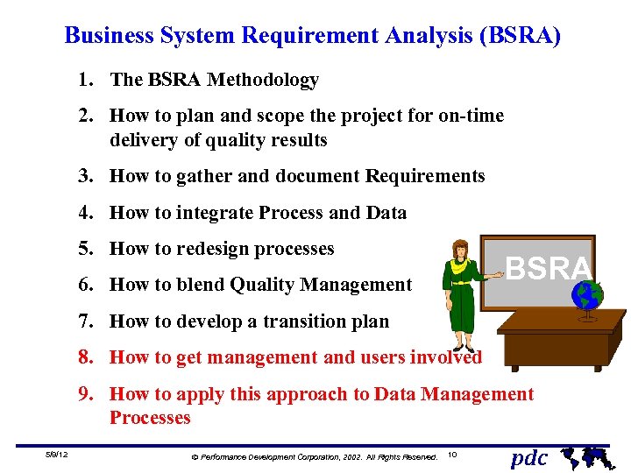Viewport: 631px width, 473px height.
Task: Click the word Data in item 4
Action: coord(386,212)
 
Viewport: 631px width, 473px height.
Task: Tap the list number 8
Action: coord(85,357)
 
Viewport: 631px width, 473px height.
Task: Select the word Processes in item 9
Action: coord(150,418)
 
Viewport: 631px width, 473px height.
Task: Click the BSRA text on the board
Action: coord(549,268)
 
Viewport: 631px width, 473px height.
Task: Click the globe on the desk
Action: coord(586,295)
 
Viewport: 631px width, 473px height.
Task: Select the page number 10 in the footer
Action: coord(452,455)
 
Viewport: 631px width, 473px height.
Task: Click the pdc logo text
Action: coord(528,457)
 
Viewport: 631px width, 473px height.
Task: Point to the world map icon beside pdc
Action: coord(582,456)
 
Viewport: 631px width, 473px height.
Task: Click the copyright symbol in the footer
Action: coord(195,457)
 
